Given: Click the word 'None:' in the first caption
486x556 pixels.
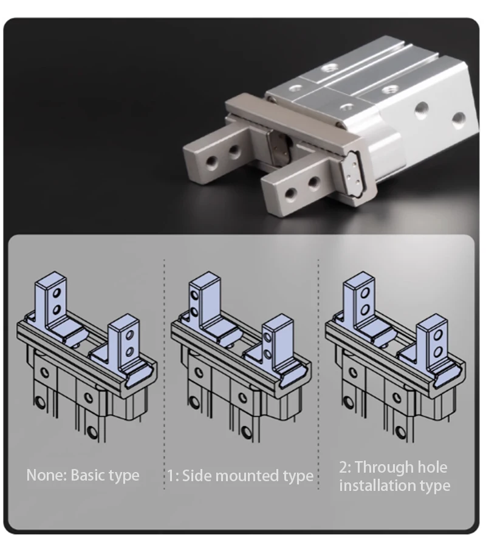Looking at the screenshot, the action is click(47, 475).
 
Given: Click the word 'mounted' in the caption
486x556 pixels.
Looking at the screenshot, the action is click(247, 476).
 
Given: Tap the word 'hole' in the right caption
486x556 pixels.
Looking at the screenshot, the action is click(433, 467).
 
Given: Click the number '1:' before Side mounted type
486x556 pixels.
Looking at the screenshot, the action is click(173, 476).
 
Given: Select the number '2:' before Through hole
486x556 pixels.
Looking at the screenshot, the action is click(345, 467).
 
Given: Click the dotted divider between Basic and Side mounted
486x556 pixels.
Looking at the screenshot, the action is click(164, 374).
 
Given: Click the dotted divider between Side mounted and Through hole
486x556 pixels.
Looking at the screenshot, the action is click(318, 374).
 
